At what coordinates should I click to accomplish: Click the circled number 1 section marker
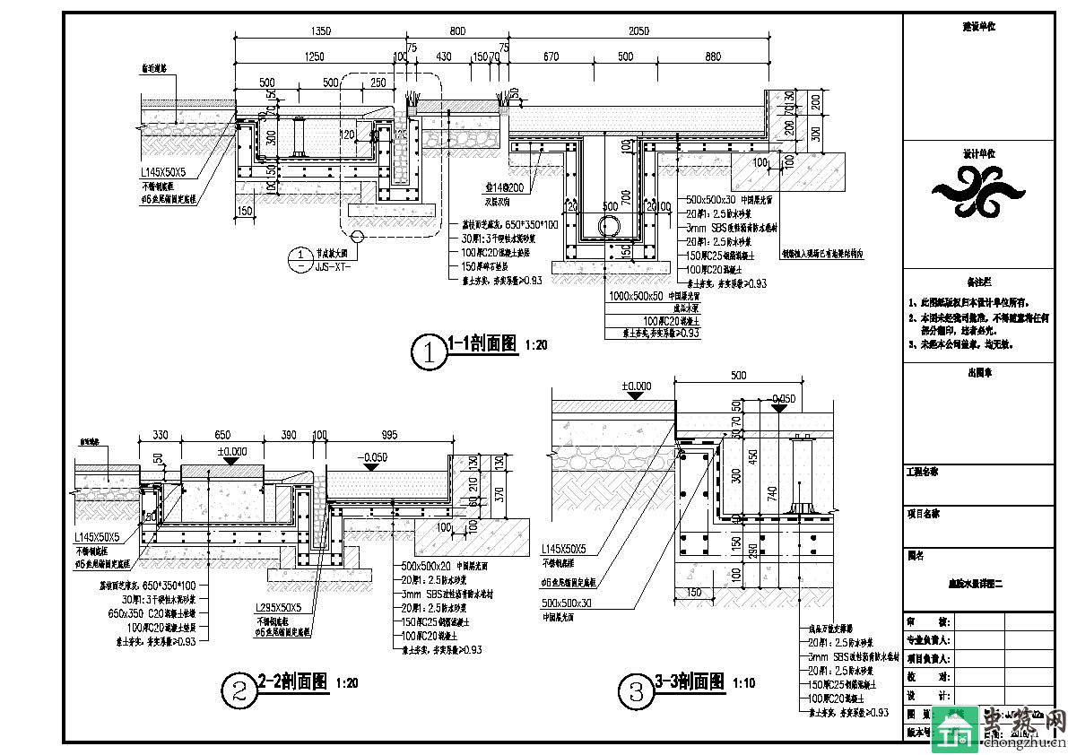(x=429, y=352)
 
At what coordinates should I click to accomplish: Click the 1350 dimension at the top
(x=320, y=30)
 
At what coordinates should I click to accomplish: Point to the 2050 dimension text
(x=638, y=30)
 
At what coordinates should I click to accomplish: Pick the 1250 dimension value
(x=313, y=56)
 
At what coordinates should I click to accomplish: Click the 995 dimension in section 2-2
(x=388, y=435)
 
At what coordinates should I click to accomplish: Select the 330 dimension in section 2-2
(x=160, y=435)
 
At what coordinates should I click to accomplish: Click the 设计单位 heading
(x=978, y=153)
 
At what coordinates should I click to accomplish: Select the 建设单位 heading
(x=978, y=27)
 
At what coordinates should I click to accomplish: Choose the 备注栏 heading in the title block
(x=978, y=282)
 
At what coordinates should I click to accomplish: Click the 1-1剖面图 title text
(x=482, y=343)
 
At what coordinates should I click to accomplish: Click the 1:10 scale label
(x=743, y=683)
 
